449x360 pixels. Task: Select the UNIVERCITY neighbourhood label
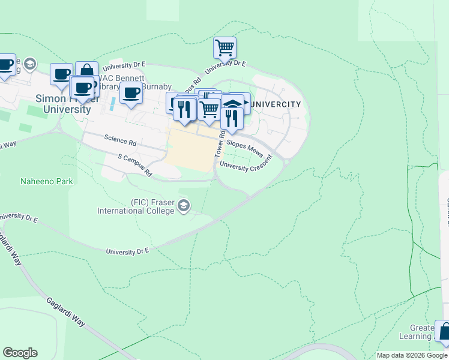274,104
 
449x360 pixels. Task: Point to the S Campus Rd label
134,165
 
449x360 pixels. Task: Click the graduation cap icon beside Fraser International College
184,207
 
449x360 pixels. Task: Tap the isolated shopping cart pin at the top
224,47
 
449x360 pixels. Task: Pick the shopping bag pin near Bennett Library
86,71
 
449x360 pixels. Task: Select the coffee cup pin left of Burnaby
131,93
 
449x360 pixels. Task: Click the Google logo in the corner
20,353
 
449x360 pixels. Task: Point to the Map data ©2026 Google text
411,355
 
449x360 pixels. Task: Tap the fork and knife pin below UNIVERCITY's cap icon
231,119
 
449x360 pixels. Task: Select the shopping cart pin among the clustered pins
208,110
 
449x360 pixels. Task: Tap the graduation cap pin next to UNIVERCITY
233,104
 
